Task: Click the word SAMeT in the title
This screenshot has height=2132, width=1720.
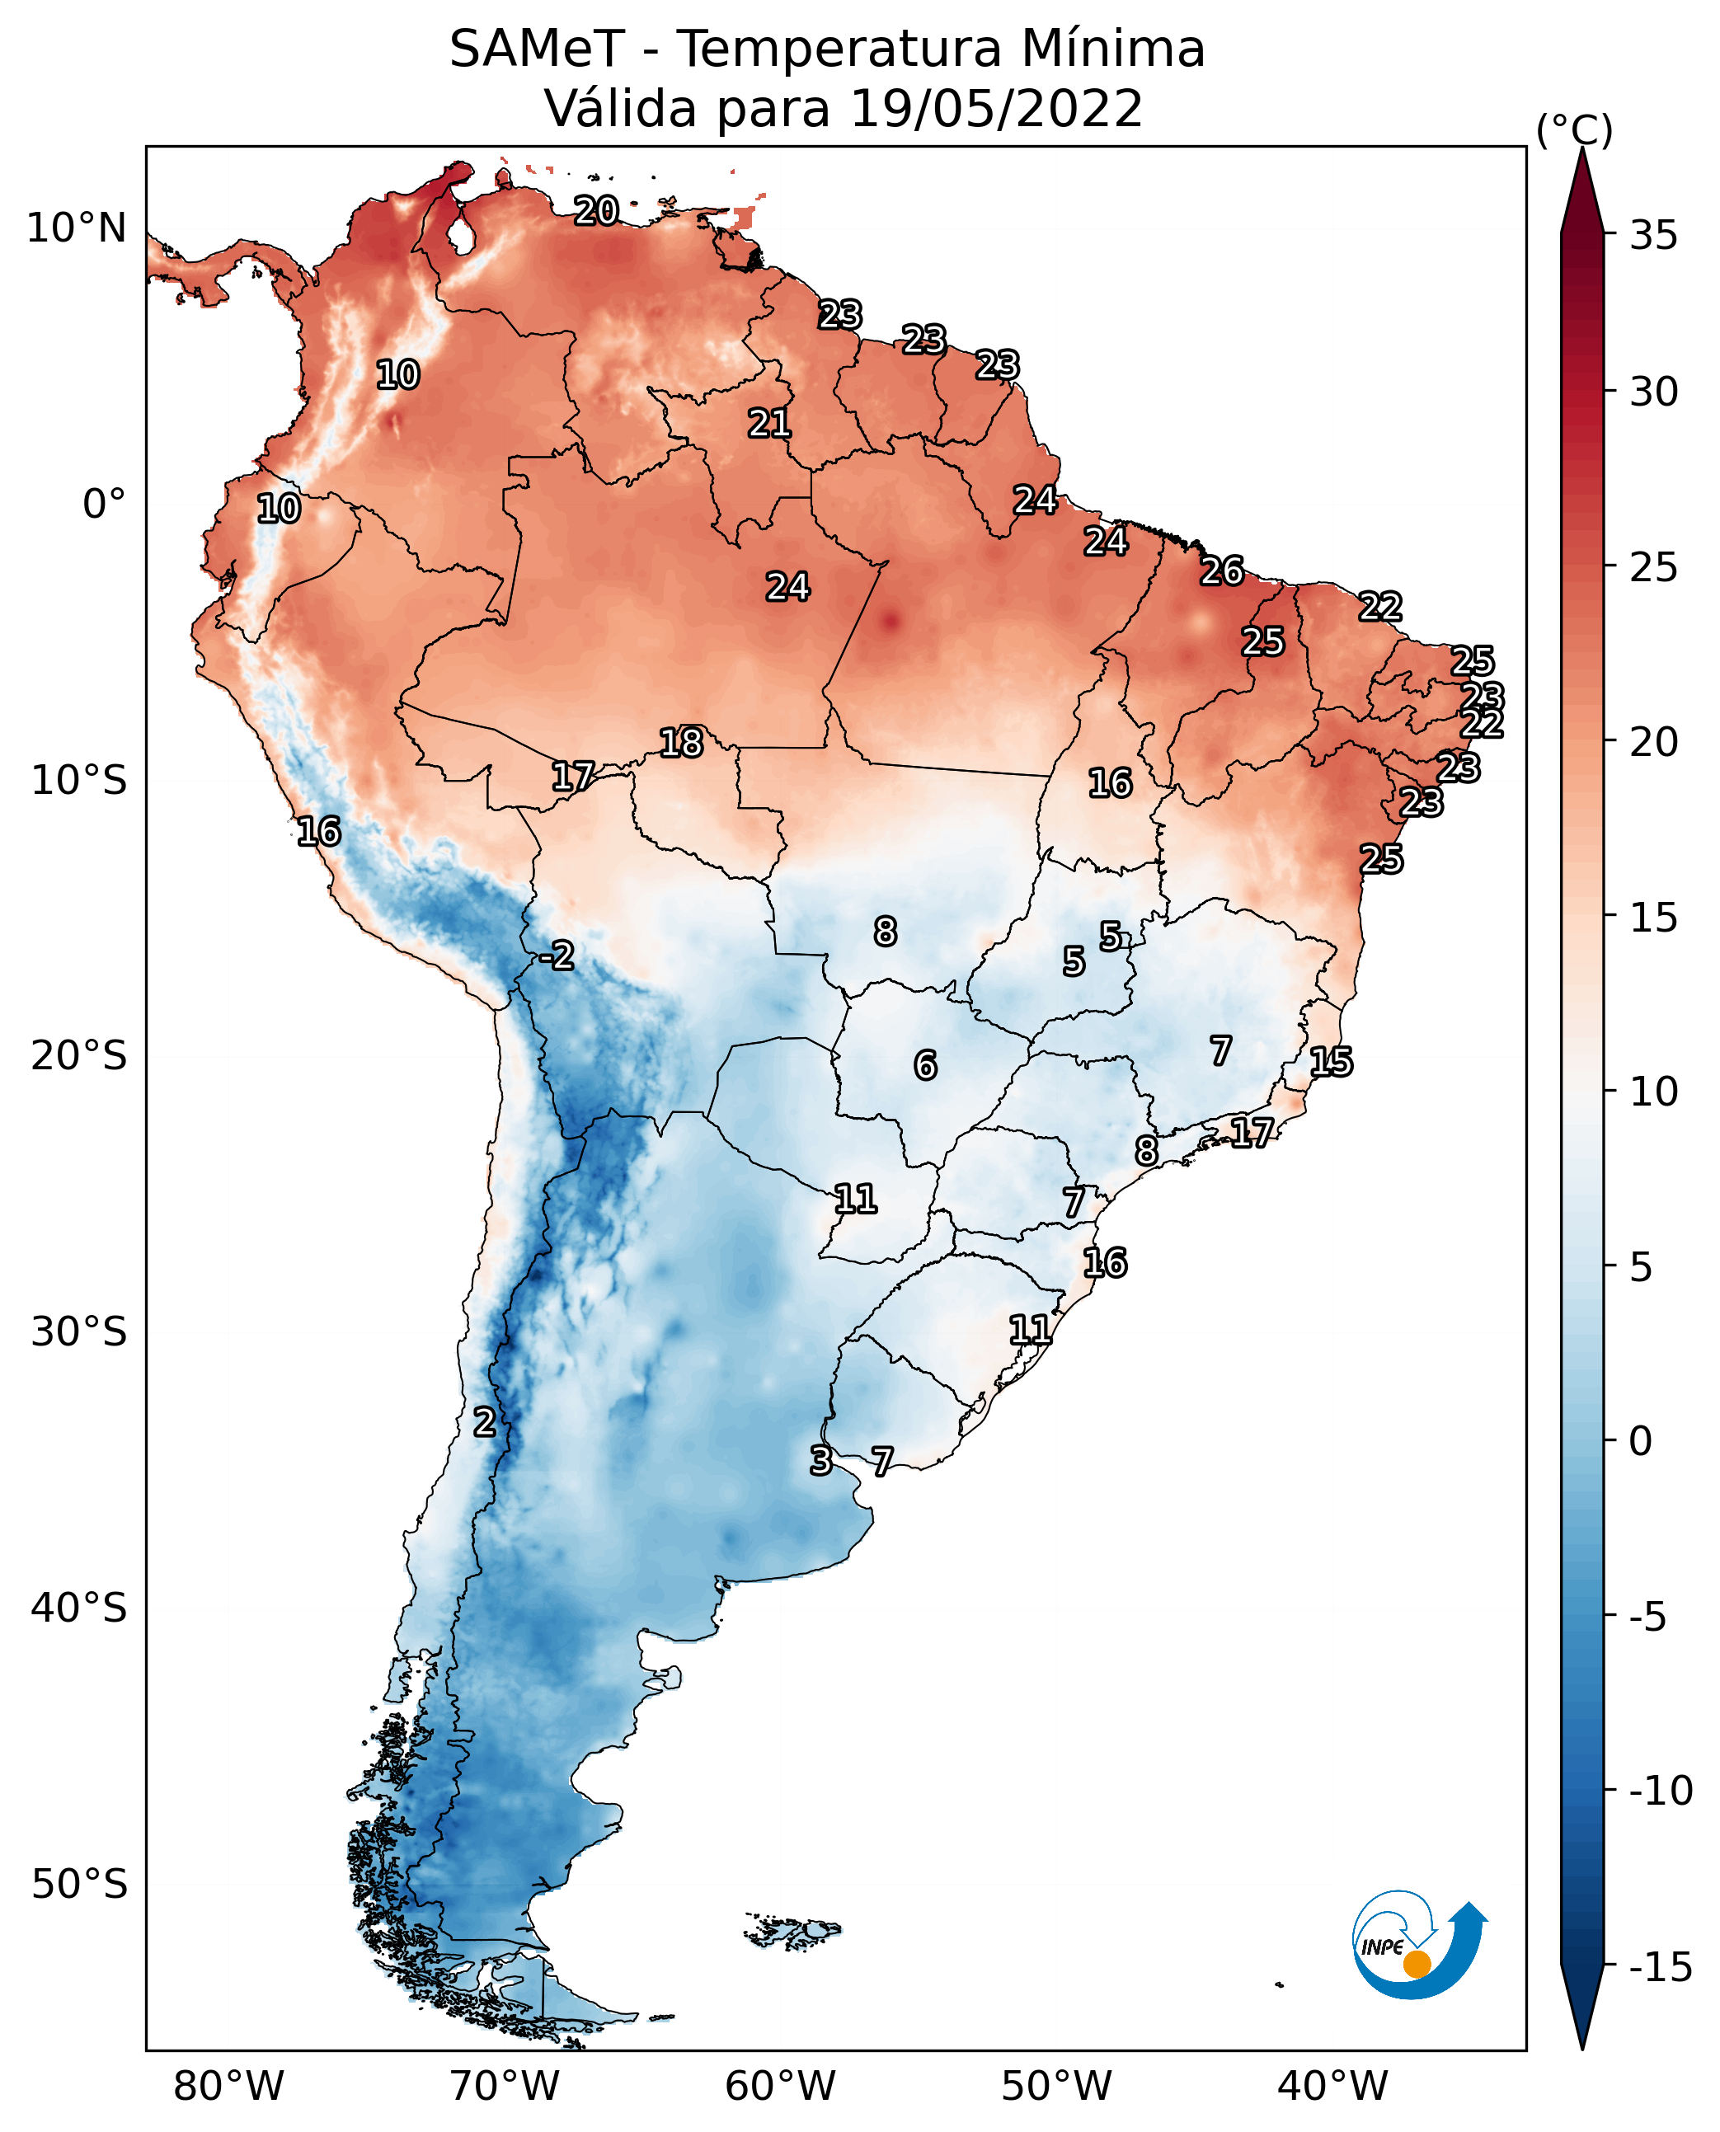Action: click(537, 49)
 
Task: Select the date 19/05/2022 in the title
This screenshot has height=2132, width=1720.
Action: click(997, 108)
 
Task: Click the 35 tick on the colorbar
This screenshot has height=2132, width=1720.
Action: click(1653, 236)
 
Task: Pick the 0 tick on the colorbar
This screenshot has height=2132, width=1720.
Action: click(1641, 1441)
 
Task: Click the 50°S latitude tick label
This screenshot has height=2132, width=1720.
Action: click(79, 1883)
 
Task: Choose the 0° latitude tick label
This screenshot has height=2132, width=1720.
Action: click(104, 505)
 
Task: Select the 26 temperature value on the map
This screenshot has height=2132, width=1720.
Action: click(1222, 571)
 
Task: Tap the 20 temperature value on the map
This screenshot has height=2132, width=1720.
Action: click(596, 210)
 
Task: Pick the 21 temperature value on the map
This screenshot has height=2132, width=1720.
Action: click(770, 423)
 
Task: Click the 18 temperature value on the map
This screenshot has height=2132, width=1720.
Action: click(682, 742)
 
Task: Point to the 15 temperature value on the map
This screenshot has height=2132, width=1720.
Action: click(1331, 1062)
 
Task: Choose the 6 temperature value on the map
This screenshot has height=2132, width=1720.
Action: click(924, 1065)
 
